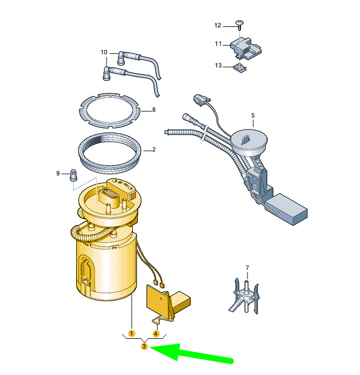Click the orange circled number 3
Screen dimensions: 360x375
pos(144,346)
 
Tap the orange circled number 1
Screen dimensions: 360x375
pos(132,333)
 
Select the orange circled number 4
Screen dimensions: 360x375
pos(156,334)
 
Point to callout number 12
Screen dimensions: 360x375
pos(218,25)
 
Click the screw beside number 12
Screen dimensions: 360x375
pos(240,25)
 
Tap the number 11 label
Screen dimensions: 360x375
pos(218,44)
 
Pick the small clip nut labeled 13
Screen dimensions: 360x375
pos(240,69)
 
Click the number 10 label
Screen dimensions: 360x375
pos(104,52)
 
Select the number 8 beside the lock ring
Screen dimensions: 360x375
pos(154,110)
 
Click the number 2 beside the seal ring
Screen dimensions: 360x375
pos(154,149)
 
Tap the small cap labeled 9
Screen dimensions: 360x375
pos(73,175)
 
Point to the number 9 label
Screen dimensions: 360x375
pos(58,173)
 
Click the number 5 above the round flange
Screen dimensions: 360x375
pos(253,115)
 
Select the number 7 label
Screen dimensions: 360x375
pos(247,267)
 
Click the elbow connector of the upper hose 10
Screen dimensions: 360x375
pos(121,58)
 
